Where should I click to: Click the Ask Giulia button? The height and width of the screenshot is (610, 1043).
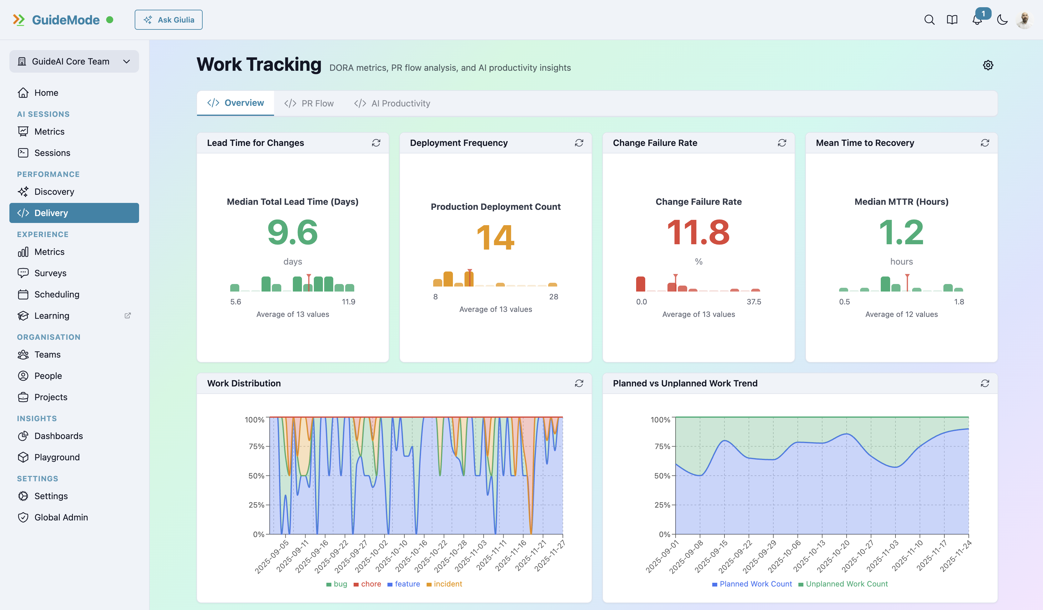[169, 20]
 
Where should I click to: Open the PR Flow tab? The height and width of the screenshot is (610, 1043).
[309, 103]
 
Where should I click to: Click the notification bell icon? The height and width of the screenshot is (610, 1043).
[977, 20]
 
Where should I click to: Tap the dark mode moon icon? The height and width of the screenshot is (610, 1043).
[1002, 20]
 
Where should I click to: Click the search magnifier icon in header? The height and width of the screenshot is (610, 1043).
[929, 20]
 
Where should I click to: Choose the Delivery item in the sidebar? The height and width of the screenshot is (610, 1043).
[74, 213]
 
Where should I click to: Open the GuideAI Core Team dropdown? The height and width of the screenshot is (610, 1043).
[74, 61]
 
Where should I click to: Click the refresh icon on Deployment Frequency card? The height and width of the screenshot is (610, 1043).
[579, 143]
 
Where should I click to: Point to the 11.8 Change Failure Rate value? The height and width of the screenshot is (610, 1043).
[698, 233]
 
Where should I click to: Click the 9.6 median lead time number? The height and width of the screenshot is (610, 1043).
[293, 233]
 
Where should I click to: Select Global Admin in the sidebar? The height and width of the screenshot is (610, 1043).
[61, 517]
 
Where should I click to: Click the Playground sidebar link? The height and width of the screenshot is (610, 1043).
[57, 457]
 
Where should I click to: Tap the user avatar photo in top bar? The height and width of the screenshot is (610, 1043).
[1025, 20]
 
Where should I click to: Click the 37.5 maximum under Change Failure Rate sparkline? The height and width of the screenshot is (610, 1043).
[754, 302]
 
